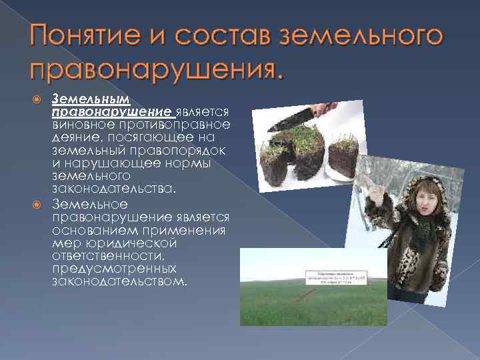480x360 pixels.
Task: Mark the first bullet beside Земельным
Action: coord(38,99)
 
